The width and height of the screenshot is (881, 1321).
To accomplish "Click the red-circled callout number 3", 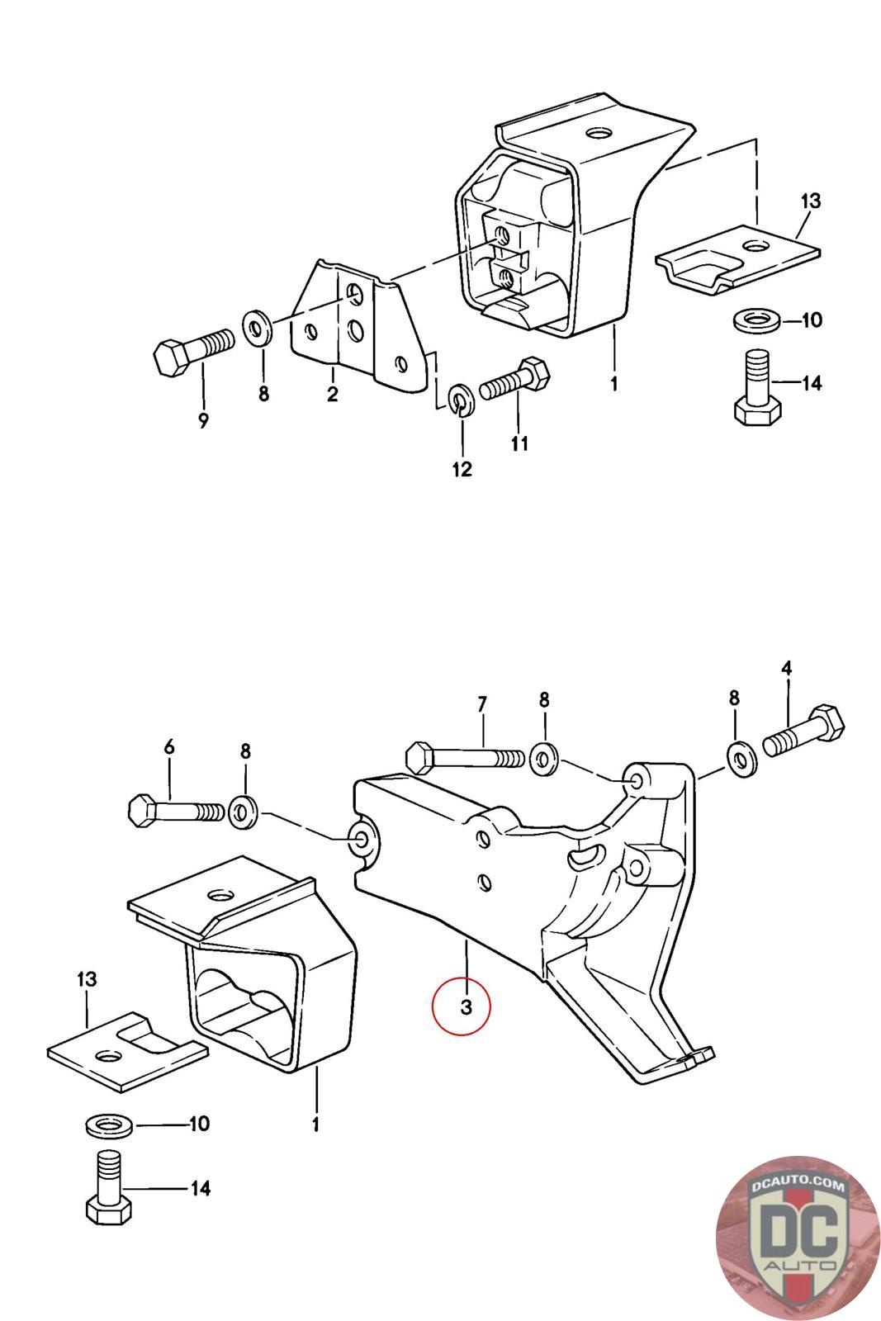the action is (x=466, y=1006).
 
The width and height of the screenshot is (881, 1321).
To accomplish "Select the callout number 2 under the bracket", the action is (x=333, y=394).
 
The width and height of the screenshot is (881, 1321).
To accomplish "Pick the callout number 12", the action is (x=462, y=470).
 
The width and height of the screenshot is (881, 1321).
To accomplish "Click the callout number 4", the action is (x=786, y=668).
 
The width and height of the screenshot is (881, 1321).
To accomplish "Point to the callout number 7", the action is (x=482, y=704).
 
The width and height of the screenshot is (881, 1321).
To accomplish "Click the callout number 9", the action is (x=203, y=420).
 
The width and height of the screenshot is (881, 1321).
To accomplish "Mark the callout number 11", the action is (x=519, y=443).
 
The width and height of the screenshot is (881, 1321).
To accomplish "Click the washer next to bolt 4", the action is (x=742, y=760).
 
